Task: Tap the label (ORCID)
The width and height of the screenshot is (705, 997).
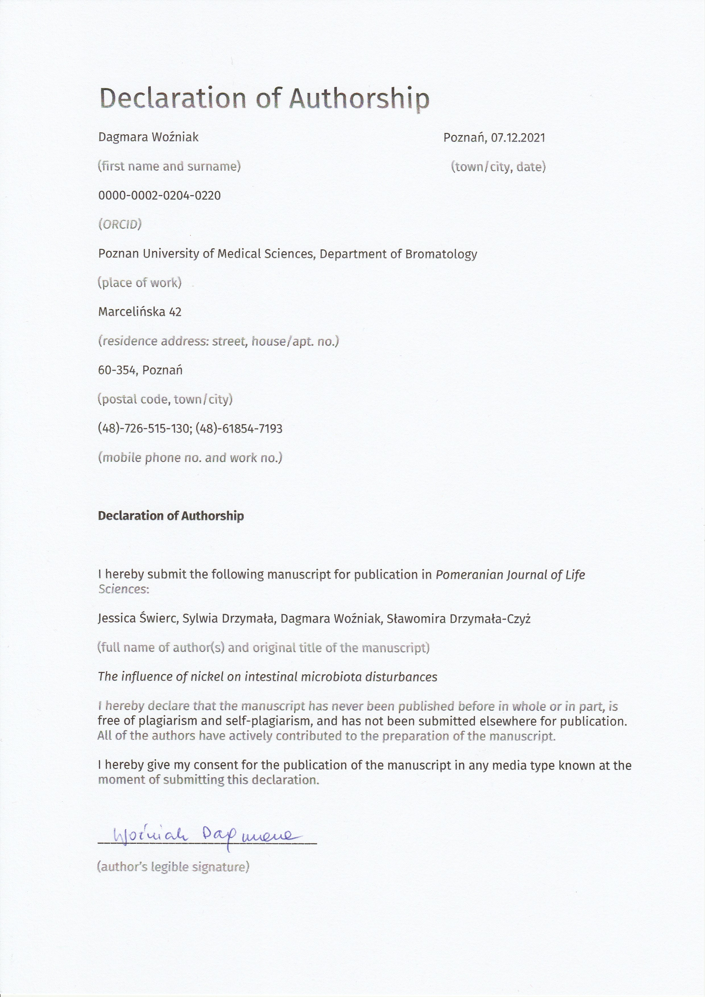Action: coord(120,225)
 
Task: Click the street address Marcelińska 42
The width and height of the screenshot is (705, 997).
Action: coord(140,312)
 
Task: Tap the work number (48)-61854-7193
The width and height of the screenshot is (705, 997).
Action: coord(239,429)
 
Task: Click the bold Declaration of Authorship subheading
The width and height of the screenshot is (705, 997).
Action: coord(171,516)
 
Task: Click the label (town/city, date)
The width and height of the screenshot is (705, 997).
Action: coord(498,167)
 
